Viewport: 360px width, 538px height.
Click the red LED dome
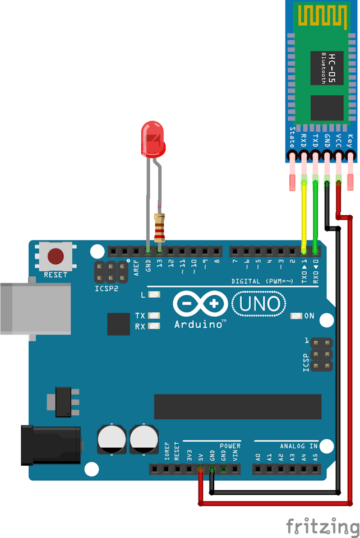pos(153,139)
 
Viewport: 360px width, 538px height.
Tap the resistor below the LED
pos(159,228)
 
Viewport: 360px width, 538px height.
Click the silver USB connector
pos(36,308)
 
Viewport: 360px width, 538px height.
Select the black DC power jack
pos(51,446)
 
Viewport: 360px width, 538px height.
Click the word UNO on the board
pos(259,304)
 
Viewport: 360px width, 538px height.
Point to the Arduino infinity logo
pos(200,304)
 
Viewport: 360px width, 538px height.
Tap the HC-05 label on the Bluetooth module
pos(331,68)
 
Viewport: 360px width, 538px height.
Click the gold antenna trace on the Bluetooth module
pos(322,16)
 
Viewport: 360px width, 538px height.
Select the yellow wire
pos(304,217)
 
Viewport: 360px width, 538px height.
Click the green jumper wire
pos(315,217)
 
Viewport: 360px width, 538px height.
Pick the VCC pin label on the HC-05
pos(338,141)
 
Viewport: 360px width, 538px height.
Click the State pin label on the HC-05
pos(292,137)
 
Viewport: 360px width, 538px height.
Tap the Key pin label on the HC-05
pos(350,141)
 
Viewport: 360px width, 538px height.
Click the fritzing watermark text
pos(322,527)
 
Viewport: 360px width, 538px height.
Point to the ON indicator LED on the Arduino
pos(296,316)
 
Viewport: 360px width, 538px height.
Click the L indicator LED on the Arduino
pos(154,295)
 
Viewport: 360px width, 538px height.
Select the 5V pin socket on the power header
pos(200,469)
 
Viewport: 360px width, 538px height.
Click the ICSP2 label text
pos(107,289)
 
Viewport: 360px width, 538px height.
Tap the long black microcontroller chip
pos(238,407)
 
